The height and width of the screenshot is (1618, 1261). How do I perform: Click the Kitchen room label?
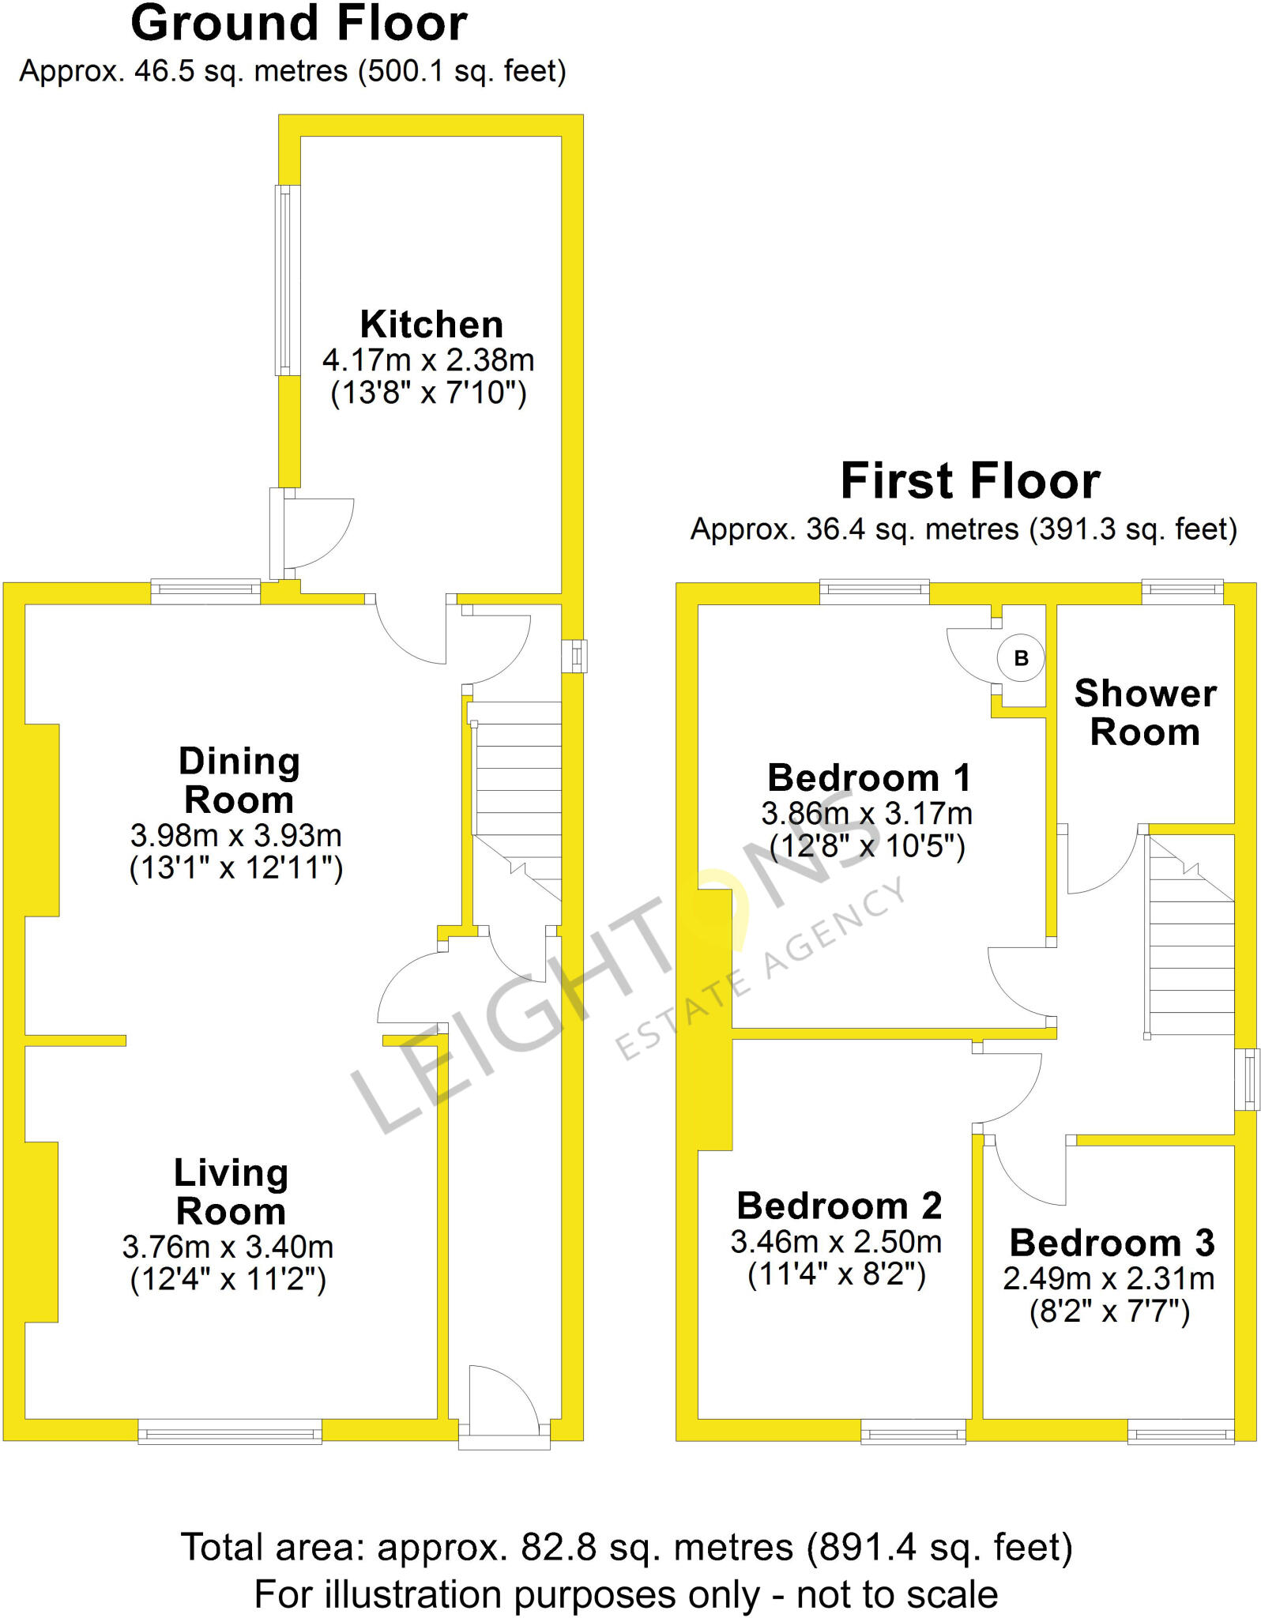[x=431, y=325]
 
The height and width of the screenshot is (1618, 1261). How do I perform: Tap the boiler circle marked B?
[x=1021, y=657]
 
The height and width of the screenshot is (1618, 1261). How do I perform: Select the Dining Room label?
[x=239, y=781]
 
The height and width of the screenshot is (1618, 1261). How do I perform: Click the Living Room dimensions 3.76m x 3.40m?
[x=228, y=1247]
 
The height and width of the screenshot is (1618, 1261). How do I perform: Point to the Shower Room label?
[x=1145, y=713]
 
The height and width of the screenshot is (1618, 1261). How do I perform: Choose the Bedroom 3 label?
[x=1112, y=1243]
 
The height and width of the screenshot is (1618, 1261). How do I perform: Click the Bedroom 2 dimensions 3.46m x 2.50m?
[x=836, y=1242]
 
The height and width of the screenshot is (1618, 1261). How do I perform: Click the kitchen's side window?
[x=288, y=280]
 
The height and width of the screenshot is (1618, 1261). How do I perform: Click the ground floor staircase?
[x=518, y=798]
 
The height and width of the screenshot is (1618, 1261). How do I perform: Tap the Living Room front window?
[x=230, y=1431]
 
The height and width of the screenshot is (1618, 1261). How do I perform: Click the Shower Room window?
[x=1182, y=587]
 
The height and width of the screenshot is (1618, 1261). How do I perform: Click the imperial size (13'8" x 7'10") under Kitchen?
[x=428, y=393]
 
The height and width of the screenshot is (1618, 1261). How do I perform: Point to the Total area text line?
[x=627, y=1546]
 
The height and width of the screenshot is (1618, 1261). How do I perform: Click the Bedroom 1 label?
[x=868, y=778]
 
